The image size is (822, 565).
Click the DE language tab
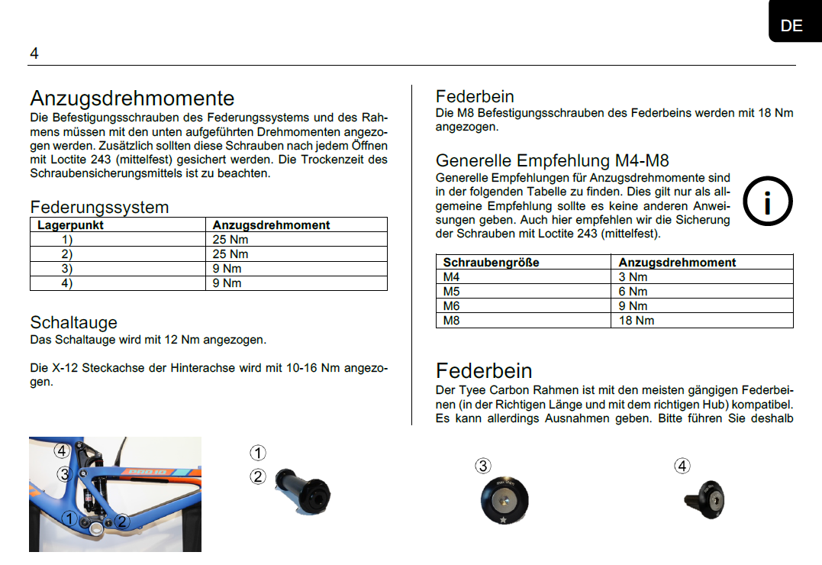(x=791, y=25)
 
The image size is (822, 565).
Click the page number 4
(x=34, y=53)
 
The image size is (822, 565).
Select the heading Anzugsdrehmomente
(x=132, y=98)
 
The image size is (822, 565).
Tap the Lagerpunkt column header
(x=70, y=225)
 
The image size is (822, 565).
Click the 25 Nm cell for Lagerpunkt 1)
(x=230, y=240)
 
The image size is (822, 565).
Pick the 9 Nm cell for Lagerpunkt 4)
(x=227, y=283)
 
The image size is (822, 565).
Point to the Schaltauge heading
(x=73, y=322)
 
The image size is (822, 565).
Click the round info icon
(x=768, y=202)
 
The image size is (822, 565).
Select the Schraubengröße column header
(x=491, y=262)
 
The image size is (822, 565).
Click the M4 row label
(x=452, y=276)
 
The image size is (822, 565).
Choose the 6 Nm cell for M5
(x=633, y=291)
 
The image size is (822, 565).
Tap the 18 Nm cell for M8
(x=636, y=320)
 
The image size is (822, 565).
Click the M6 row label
(x=452, y=305)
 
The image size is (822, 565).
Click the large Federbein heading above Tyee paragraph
(x=484, y=371)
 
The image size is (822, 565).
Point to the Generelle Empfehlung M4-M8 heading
(x=552, y=160)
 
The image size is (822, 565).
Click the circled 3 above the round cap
(x=482, y=466)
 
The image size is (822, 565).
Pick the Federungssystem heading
(x=99, y=207)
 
